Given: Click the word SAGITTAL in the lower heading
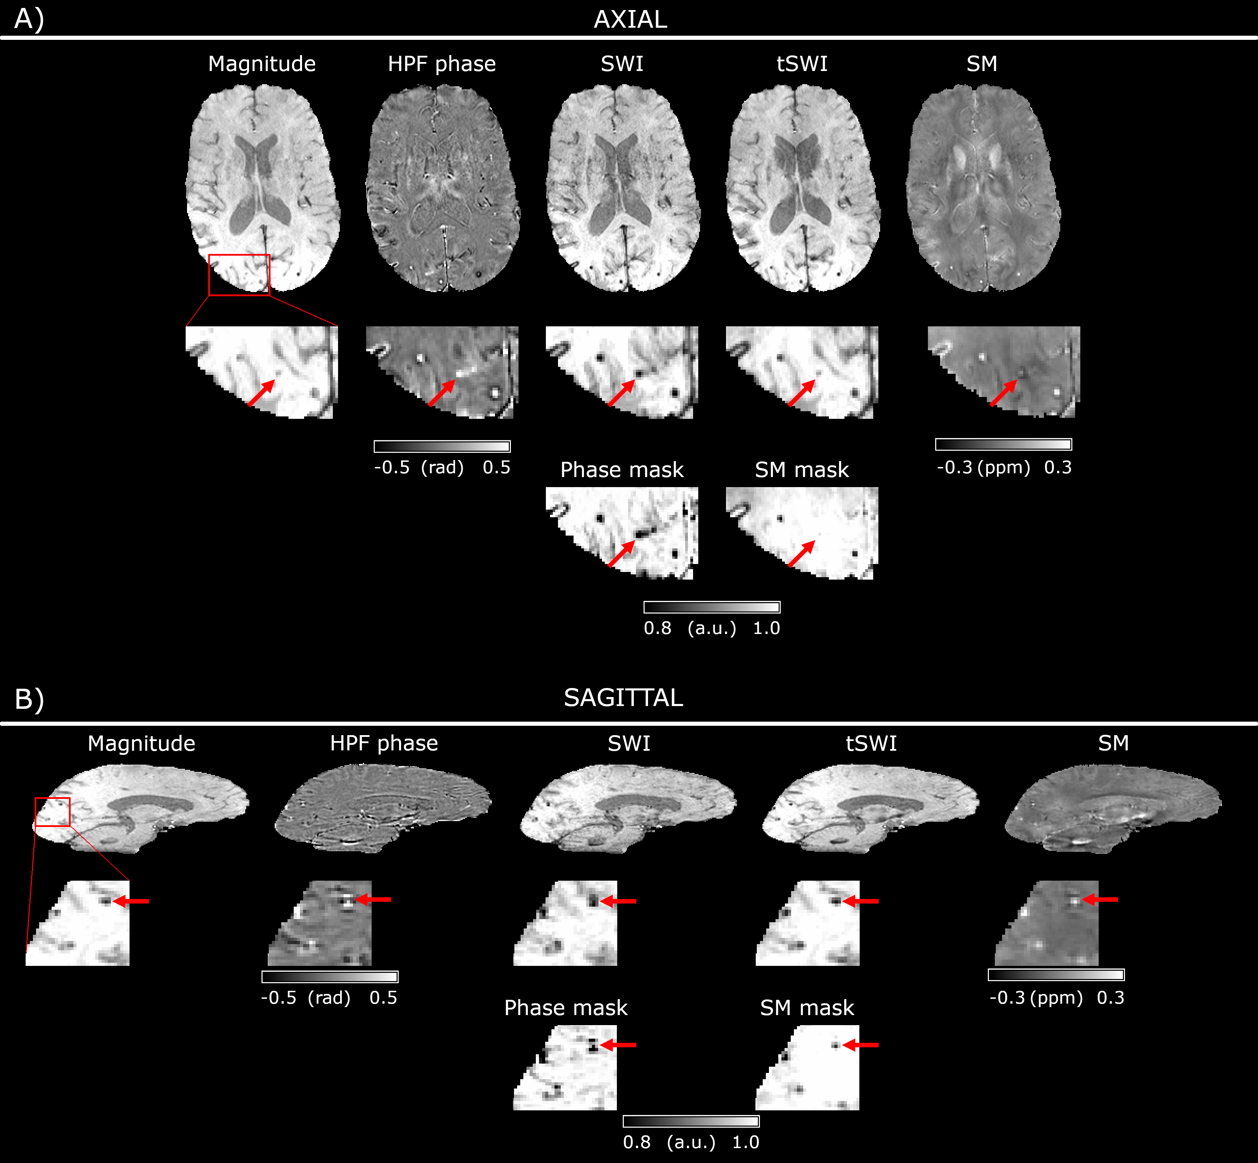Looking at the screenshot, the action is (623, 698).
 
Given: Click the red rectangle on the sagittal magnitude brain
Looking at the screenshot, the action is (52, 812).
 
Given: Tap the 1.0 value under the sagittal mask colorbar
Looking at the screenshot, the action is (746, 1142).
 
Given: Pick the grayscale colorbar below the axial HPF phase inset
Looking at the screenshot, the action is (442, 446).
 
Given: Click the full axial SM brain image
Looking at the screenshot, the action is (983, 189).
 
